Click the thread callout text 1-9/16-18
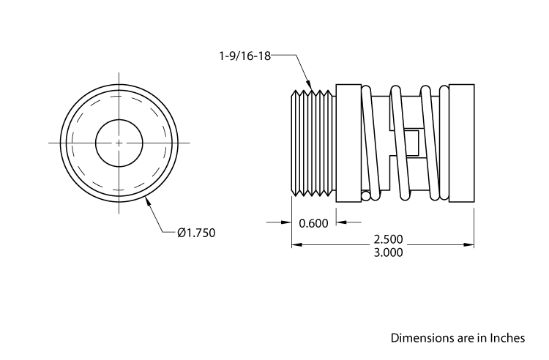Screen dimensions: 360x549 click(244, 56)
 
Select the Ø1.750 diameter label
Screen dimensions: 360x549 click(196, 233)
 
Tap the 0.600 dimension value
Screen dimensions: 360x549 click(313, 223)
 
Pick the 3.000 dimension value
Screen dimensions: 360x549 click(388, 252)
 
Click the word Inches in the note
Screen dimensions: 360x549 click(507, 338)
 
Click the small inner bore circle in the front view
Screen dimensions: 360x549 click(119, 142)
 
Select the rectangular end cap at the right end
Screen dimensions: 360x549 click(461, 142)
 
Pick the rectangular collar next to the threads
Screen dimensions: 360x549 click(346, 142)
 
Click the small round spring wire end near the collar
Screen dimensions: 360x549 click(365, 195)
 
